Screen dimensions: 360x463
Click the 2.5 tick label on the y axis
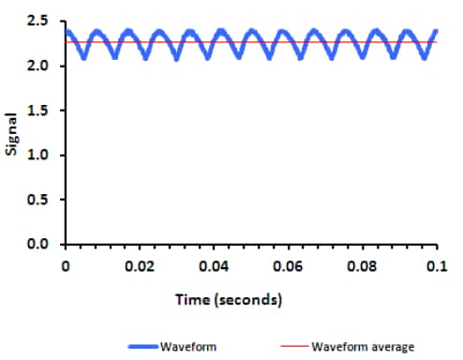point(37,21)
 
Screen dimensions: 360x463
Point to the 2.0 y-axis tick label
point(37,66)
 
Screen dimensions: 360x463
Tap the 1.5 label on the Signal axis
point(37,110)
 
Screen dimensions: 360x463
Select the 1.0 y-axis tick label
point(37,155)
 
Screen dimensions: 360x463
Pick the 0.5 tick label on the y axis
point(37,200)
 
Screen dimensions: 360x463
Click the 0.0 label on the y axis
point(37,245)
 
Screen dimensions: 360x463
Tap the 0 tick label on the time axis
point(66,266)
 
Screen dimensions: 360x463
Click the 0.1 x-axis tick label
point(434,266)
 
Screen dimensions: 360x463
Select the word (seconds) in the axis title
point(246,300)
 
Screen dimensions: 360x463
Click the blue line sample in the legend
point(133,346)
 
